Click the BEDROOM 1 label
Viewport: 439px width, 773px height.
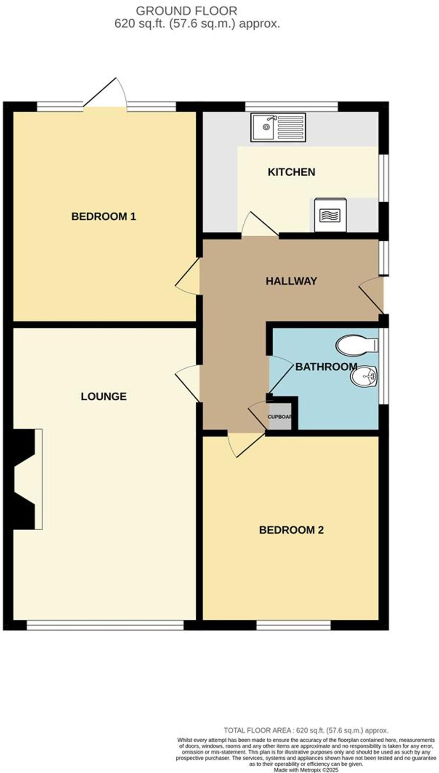click(x=103, y=217)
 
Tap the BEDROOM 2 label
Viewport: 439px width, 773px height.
click(x=291, y=530)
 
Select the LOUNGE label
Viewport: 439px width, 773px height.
click(x=104, y=396)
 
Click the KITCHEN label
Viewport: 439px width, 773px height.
click(x=291, y=172)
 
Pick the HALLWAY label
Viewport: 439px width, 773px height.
click(x=291, y=281)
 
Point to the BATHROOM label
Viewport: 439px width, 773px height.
click(x=326, y=366)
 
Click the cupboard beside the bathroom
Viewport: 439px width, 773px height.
click(x=280, y=417)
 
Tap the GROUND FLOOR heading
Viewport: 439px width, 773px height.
click(x=186, y=11)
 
